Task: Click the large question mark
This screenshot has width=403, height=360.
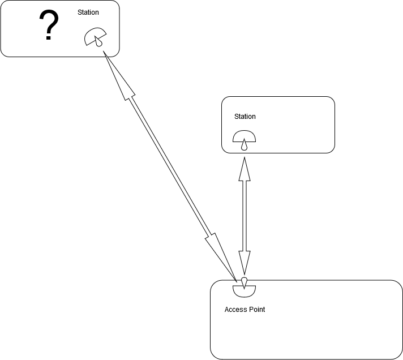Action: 49,25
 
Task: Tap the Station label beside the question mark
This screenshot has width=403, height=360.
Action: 88,12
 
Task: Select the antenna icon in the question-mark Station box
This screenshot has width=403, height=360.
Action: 94,37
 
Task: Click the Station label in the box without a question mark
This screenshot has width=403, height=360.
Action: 245,117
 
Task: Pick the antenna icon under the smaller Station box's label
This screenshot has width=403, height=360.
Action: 245,139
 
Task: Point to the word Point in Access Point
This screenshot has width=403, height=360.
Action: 256,310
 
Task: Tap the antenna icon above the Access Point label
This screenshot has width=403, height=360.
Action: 245,288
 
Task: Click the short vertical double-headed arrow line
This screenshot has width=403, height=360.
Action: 245,215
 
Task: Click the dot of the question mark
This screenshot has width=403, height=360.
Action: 49,38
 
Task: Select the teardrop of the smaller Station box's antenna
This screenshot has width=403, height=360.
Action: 245,145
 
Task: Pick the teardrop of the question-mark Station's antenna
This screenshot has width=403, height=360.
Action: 100,41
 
